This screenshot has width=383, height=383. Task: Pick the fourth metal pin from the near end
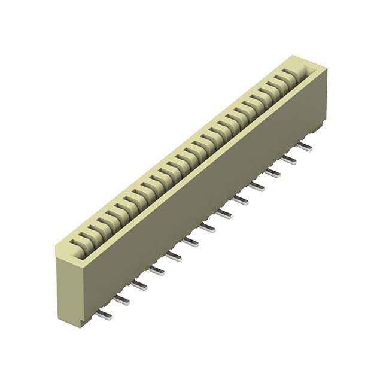157,269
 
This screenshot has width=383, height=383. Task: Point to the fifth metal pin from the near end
174,255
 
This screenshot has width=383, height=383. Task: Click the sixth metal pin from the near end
191,241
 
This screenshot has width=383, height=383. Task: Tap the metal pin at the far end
305,145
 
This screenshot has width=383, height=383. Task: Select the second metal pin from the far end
290,159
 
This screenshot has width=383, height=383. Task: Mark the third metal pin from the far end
274,172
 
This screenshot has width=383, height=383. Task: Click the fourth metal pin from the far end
258,186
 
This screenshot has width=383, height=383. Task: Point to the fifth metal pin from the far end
242,199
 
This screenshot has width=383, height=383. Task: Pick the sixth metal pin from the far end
225,213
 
